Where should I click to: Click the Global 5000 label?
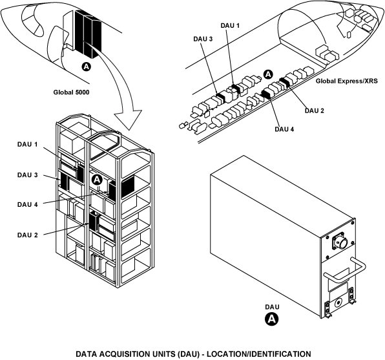(72, 92)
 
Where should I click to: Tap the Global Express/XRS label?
(346, 81)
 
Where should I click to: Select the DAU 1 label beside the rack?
(28, 145)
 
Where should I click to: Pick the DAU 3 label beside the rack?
(28, 175)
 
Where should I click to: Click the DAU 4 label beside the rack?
(28, 204)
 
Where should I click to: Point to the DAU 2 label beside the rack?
(28, 235)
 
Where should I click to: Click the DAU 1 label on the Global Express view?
(230, 26)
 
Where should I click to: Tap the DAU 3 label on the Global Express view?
(203, 39)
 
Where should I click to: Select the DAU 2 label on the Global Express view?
(315, 111)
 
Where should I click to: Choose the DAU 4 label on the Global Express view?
(284, 129)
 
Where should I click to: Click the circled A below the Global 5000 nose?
(86, 67)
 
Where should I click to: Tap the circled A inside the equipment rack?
(98, 180)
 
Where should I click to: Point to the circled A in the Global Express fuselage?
(268, 74)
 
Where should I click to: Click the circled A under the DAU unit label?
(272, 319)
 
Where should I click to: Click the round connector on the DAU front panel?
(342, 243)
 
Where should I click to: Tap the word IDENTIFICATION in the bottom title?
(280, 354)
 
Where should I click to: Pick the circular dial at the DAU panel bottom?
(338, 302)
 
